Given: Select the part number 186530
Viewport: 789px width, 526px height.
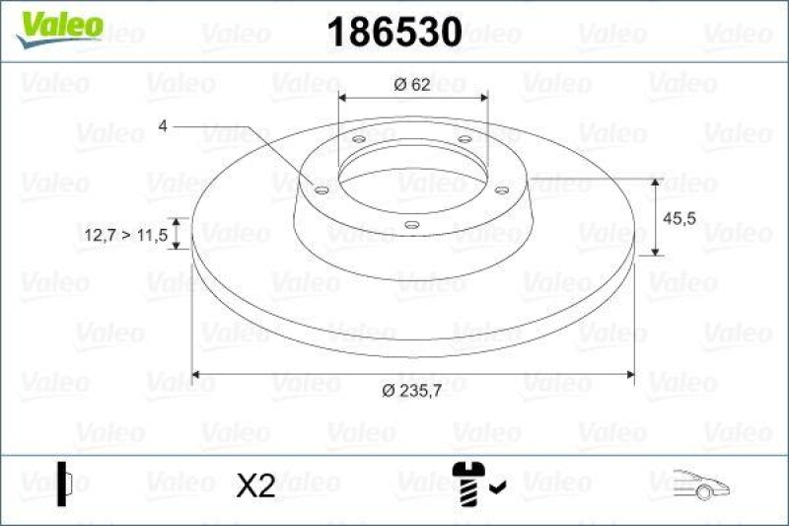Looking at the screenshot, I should point(394,33).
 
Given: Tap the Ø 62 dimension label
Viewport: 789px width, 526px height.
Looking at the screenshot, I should point(411,85).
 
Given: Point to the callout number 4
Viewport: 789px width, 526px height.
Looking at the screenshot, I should point(163,125).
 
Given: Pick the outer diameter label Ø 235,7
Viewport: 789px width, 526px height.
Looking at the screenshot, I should point(412,392).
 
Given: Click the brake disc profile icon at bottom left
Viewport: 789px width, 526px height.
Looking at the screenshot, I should point(65,483).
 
